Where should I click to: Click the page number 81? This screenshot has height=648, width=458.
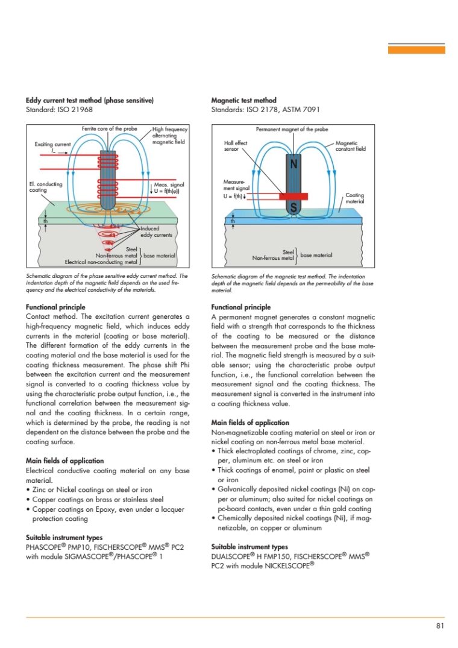click(440, 626)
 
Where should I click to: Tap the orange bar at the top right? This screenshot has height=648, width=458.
click(416, 50)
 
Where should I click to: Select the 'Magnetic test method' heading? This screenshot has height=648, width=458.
click(244, 100)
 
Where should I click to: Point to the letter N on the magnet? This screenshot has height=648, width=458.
click(293, 163)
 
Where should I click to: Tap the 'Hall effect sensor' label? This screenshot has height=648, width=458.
click(236, 146)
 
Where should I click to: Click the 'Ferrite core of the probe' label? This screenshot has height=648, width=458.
click(109, 129)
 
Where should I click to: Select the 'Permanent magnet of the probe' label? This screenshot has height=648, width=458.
click(292, 129)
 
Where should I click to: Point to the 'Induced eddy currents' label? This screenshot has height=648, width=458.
click(152, 232)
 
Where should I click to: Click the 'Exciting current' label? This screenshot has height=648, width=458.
click(52, 144)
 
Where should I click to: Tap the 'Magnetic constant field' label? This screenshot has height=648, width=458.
click(350, 146)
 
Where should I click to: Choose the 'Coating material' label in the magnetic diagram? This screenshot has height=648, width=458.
click(354, 198)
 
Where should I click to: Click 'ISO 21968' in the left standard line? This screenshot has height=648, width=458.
click(76, 110)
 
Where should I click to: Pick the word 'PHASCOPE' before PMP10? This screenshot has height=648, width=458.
click(47, 547)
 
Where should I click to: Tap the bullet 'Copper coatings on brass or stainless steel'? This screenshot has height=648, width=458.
click(96, 500)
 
